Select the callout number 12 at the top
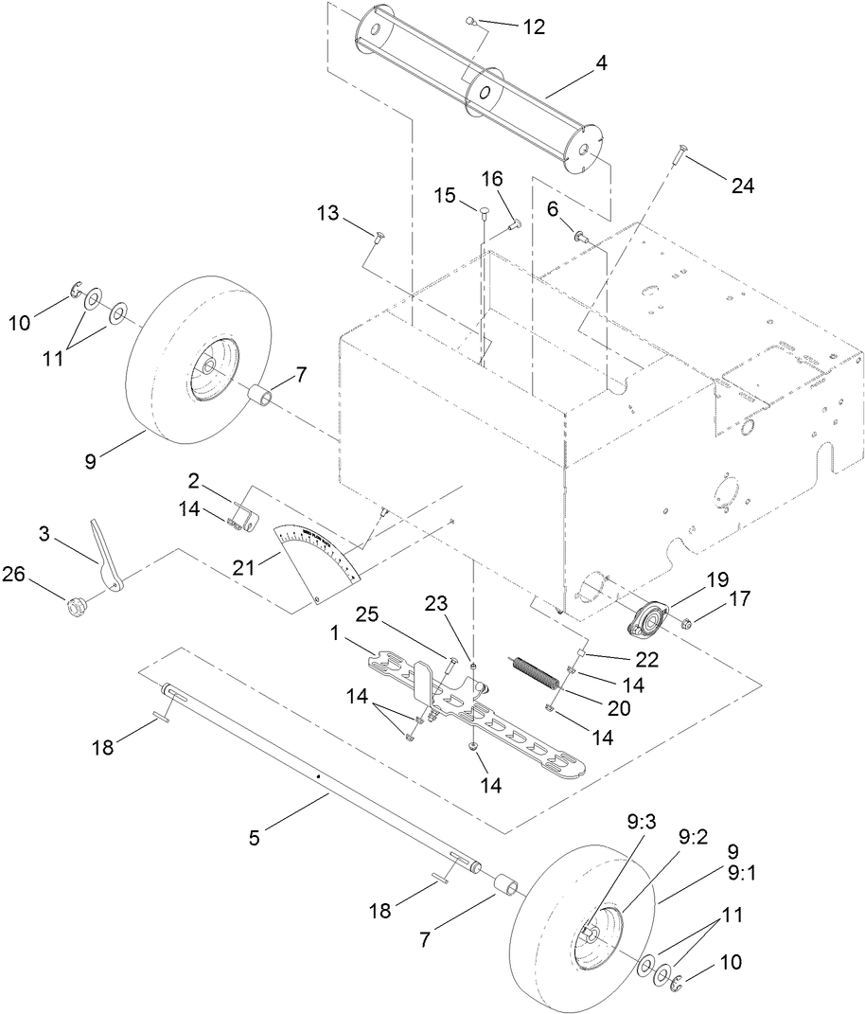(x=534, y=27)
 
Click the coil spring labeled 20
(x=538, y=667)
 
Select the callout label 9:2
(x=692, y=837)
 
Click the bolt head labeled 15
(x=484, y=209)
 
